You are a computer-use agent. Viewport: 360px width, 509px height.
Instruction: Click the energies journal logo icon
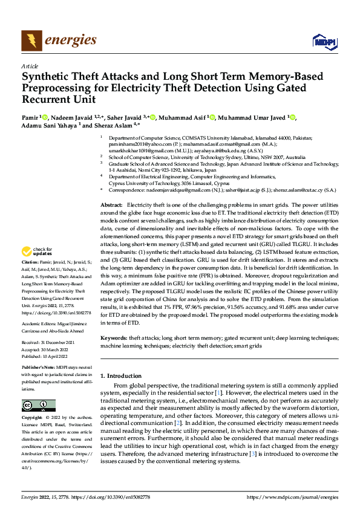pyautogui.click(x=29, y=41)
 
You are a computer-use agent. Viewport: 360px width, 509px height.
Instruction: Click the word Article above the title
pyautogui.click(x=29, y=66)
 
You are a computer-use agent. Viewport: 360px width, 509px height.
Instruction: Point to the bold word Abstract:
pyautogui.click(x=111, y=155)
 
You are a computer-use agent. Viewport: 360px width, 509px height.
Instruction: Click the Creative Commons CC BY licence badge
pyautogui.click(x=38, y=404)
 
